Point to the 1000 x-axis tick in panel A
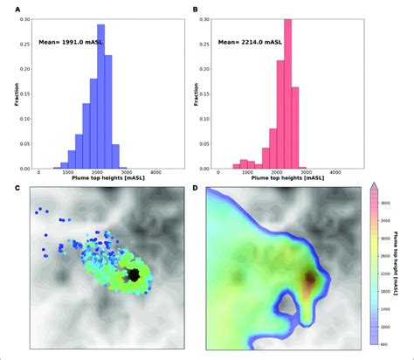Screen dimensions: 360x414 pos(67,176)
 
